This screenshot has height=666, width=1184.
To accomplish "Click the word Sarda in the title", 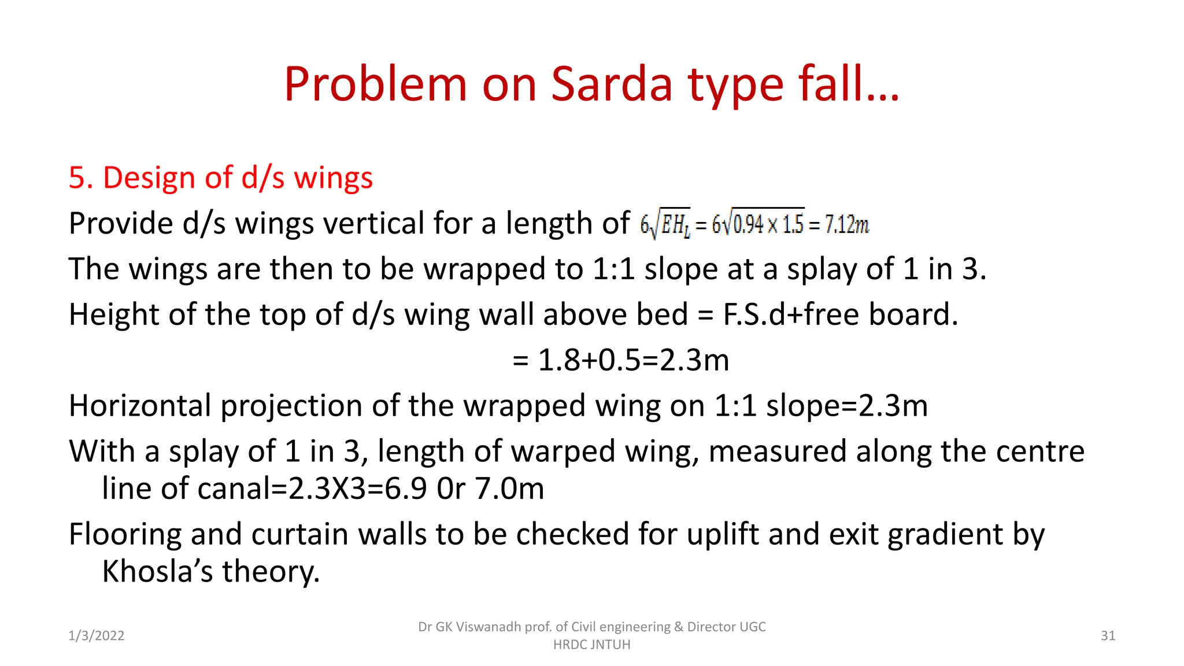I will click(612, 84).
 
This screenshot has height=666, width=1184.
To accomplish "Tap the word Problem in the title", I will click(375, 84).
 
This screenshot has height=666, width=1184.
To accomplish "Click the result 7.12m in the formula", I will click(846, 224).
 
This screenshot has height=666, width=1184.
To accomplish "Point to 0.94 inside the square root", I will click(748, 224).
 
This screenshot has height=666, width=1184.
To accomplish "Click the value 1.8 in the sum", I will click(559, 360).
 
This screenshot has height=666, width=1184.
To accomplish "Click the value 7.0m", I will click(509, 489).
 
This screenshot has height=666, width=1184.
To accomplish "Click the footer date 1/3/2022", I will click(97, 636).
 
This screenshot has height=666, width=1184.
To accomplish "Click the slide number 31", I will click(1108, 636).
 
